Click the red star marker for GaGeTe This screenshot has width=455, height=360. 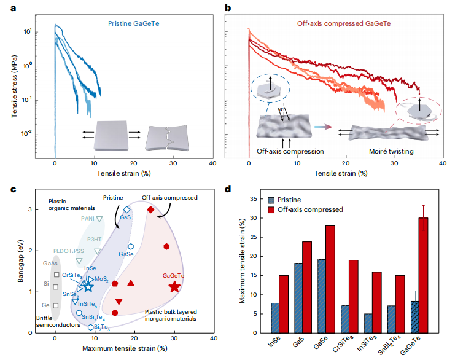tap(174, 286)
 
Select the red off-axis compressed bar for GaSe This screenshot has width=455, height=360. tap(330, 280)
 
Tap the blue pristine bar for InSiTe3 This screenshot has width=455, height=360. tap(368, 323)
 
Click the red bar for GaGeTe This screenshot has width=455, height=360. tap(423, 275)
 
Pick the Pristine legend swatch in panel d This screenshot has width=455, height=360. tap(271, 200)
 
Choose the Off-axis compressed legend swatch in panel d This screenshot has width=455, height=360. tap(271, 210)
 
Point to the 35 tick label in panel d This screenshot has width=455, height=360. tap(254, 199)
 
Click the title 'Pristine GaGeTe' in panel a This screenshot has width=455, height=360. tap(133, 23)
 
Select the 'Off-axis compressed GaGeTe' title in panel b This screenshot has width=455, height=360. tap(344, 23)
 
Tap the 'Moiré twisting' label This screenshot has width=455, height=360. tap(391, 151)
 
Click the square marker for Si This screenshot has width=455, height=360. tap(56, 287)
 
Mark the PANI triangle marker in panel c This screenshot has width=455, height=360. tap(99, 219)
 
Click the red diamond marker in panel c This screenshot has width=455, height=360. tap(150, 209)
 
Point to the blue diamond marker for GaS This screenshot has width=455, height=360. tap(127, 209)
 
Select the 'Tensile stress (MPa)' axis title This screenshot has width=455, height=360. tap(14, 87)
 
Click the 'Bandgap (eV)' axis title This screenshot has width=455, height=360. tap(20, 260)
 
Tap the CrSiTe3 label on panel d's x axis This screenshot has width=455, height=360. tap(343, 344)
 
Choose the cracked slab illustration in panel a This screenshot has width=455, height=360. tap(167, 138)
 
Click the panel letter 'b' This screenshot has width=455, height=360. tap(228, 8)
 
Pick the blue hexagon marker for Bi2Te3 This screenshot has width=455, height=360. tap(90, 327)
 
